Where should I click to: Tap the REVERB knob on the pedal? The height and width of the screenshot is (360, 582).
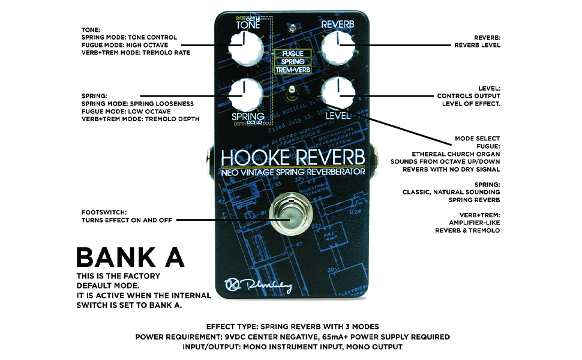[338, 47]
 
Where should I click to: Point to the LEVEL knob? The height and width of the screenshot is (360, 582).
[338, 92]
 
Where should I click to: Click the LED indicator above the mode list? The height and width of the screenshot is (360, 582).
[291, 29]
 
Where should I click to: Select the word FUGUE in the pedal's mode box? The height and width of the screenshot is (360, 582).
[290, 53]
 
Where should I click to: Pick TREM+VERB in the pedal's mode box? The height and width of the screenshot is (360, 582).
[290, 70]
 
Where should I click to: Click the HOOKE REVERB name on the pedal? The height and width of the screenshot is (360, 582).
[293, 157]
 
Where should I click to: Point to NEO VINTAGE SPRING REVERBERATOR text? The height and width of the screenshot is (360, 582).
[293, 172]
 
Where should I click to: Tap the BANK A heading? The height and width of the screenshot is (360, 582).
[130, 257]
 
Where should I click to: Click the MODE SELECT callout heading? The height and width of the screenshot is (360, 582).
[477, 139]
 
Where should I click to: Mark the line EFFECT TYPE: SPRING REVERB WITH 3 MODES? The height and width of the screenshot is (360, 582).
[292, 327]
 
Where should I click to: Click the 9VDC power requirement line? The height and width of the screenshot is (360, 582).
[292, 337]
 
